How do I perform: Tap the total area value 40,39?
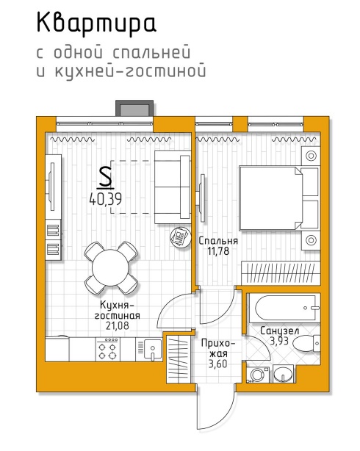point(106,199)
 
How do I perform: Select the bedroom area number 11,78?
point(218,250)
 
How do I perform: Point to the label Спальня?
point(218,240)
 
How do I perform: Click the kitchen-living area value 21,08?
point(117,325)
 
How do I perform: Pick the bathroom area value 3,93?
point(279,341)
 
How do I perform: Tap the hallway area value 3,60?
point(218,364)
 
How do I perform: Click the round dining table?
point(110,268)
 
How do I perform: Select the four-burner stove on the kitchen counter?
point(108,349)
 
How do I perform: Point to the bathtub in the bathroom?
point(284,308)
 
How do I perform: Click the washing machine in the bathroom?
point(258,375)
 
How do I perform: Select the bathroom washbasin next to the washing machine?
point(283,374)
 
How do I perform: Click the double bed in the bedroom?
point(279,198)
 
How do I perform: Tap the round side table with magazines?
point(180,237)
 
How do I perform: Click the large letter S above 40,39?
point(105,178)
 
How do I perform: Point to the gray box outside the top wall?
point(134,109)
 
